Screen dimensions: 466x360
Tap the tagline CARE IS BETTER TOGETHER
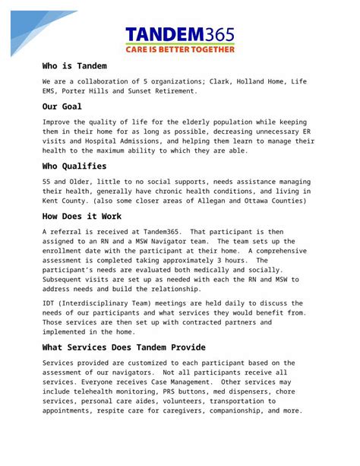tap(179, 49)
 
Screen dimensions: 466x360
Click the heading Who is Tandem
tap(74, 66)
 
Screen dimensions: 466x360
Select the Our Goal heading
tap(62, 106)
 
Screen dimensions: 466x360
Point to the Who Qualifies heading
tap(74, 166)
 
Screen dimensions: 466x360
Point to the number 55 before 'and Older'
tap(47, 181)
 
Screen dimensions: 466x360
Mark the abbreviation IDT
tap(50, 302)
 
